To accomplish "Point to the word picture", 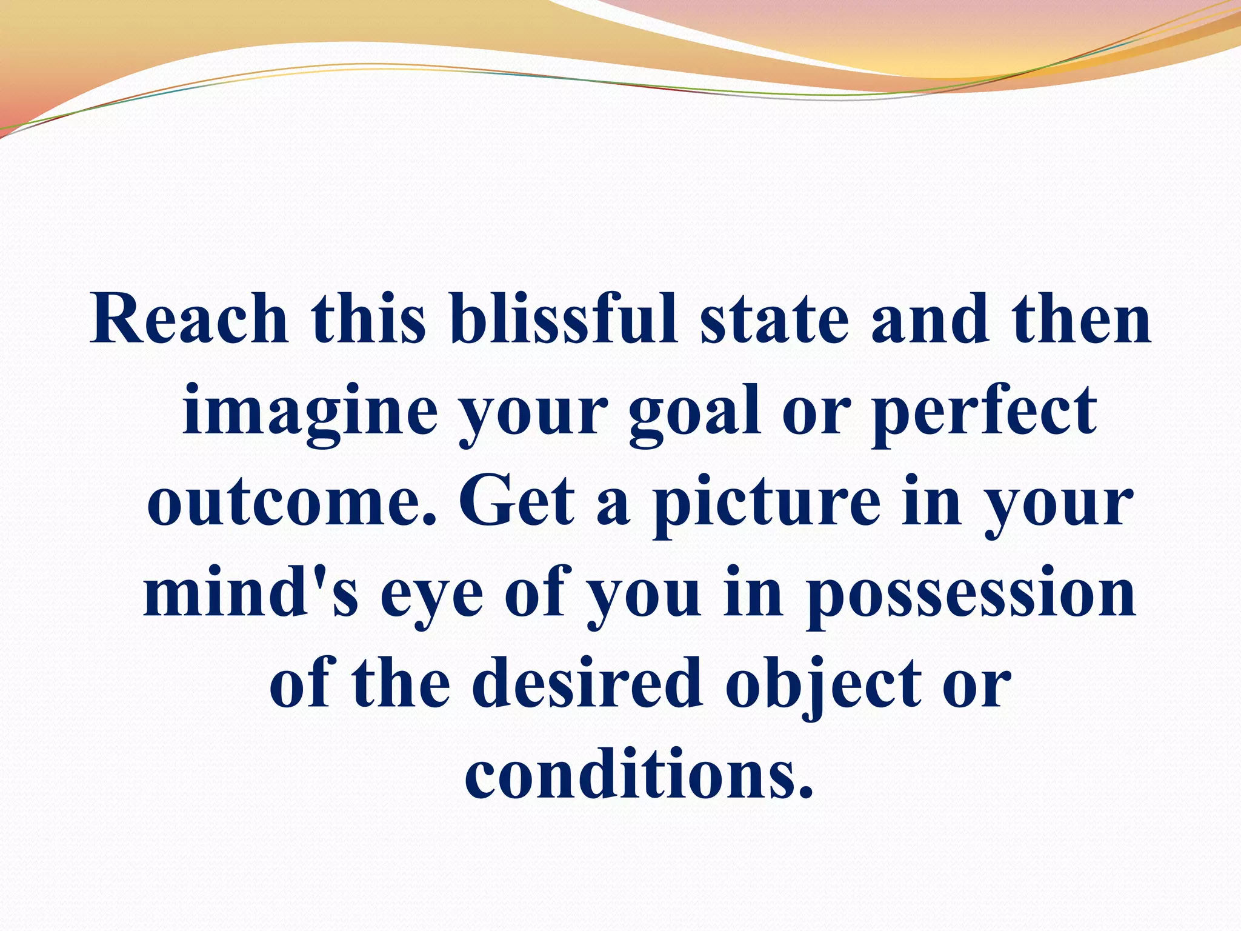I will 766,503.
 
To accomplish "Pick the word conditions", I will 639,776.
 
